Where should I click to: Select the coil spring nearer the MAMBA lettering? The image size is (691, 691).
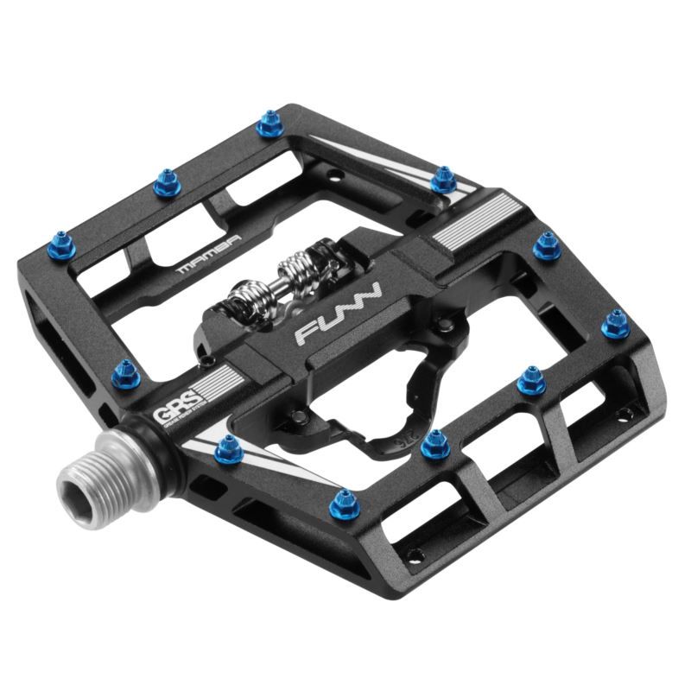coord(244,297)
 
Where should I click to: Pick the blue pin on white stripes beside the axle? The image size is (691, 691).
coord(226,447)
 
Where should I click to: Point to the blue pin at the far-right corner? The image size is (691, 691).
coord(615,323)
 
